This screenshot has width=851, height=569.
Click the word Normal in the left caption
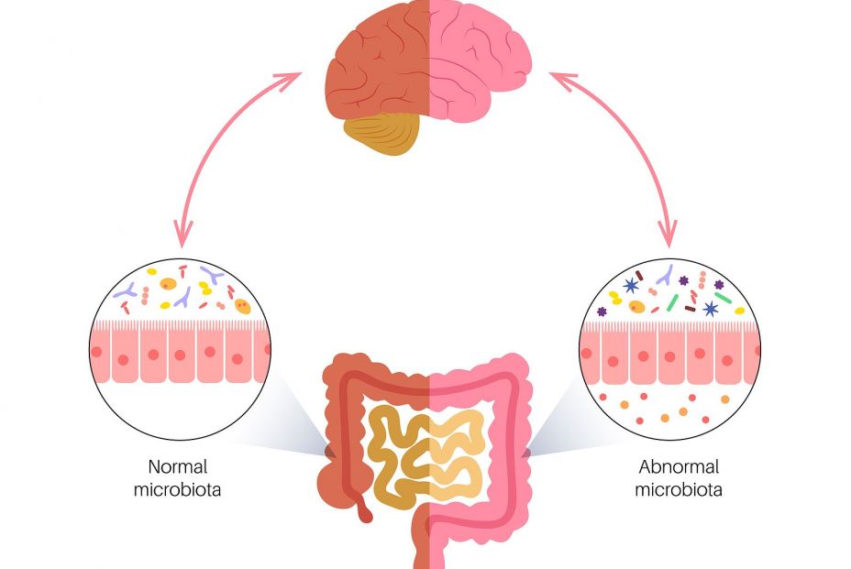[x=176, y=465]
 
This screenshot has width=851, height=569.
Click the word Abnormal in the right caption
[x=679, y=465]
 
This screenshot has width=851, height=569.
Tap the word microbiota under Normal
[x=177, y=489]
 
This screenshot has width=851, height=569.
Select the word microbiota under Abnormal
[x=679, y=489]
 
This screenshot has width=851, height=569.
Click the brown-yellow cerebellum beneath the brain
[x=382, y=134]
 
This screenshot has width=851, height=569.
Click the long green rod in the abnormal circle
[x=724, y=297]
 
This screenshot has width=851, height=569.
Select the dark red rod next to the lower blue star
[x=691, y=308]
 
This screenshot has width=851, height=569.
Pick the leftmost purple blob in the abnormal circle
[x=602, y=312]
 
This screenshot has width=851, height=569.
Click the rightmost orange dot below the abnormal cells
[x=724, y=399]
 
